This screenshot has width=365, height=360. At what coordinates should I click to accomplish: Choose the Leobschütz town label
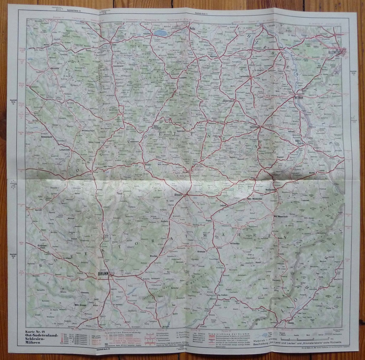[249, 76]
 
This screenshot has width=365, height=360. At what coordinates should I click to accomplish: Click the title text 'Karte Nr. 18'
[38, 333]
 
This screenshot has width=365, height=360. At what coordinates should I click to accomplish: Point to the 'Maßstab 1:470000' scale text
[263, 341]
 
